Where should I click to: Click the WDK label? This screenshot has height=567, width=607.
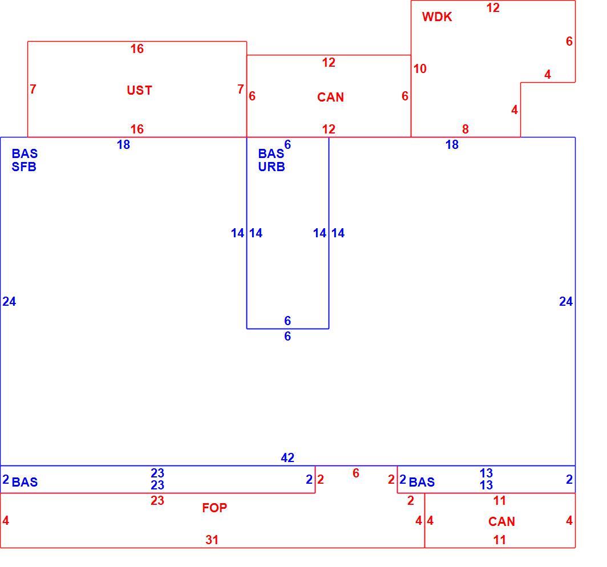tap(437, 17)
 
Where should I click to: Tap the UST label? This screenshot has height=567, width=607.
tap(139, 90)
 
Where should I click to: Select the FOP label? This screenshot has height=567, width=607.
tap(215, 508)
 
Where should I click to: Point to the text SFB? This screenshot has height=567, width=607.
tap(24, 167)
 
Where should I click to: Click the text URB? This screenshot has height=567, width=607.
tap(272, 167)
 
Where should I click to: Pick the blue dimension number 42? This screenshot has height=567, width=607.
tap(288, 458)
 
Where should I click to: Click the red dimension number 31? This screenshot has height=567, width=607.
tap(212, 540)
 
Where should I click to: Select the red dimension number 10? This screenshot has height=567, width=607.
tap(420, 69)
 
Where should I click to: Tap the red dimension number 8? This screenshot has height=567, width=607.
tap(466, 129)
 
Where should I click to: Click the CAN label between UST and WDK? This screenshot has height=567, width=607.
tap(330, 97)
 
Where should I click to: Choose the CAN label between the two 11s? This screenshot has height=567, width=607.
tap(501, 522)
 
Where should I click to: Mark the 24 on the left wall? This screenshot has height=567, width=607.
tap(9, 302)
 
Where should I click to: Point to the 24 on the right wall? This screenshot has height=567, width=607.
tap(566, 302)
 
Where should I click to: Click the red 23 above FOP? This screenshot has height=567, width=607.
tap(157, 500)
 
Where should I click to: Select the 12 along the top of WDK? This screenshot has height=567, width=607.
tap(493, 8)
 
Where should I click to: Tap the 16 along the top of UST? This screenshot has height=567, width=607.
tap(137, 48)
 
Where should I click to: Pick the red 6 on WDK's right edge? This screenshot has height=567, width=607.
tap(569, 42)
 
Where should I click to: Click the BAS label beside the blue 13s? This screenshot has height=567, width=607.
tap(422, 482)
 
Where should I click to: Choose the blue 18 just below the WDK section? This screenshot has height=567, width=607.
tap(452, 145)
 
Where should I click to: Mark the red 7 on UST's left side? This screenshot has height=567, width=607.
tap(33, 89)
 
